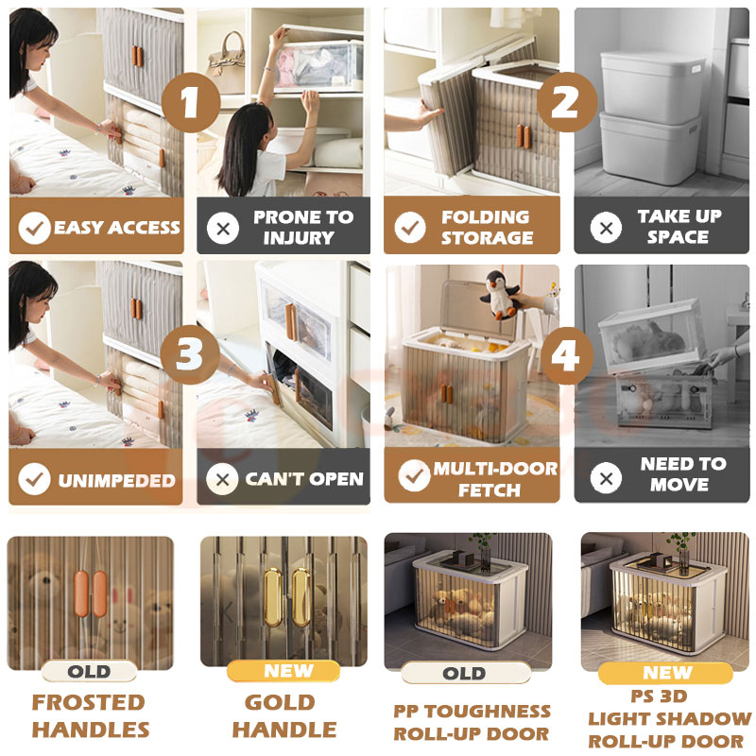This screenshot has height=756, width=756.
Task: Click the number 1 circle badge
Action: pos(191,102)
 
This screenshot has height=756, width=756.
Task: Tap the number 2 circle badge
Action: pos(567,102)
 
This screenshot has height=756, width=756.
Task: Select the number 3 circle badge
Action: pos(190,354)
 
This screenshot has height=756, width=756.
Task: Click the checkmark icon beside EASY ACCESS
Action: pos(34,228)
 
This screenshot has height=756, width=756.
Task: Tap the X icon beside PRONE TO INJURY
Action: pos(223,228)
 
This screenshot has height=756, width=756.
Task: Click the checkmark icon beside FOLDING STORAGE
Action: pos(410,227)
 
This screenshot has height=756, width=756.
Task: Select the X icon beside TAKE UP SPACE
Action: pos(606,227)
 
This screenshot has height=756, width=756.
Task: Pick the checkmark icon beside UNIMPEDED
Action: pos(34,479)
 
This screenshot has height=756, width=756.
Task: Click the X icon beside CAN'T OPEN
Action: pos(222,479)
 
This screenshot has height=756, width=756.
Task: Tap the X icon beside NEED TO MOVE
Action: pos(606,478)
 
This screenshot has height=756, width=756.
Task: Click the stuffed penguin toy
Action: pos(500,295)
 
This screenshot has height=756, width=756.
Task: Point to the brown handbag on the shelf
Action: pos(227,62)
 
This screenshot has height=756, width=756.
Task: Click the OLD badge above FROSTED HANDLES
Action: pos(89,671)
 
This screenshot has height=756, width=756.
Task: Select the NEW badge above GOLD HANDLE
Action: pos(283,671)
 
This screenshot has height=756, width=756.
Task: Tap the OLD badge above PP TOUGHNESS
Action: pos(465,673)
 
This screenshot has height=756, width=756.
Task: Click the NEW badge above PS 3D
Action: pos(666,673)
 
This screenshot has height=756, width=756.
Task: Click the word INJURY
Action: pos(299,238)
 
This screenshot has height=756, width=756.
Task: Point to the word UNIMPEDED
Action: pos(116,481)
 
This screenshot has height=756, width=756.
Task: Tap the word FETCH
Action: pos(490,490)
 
